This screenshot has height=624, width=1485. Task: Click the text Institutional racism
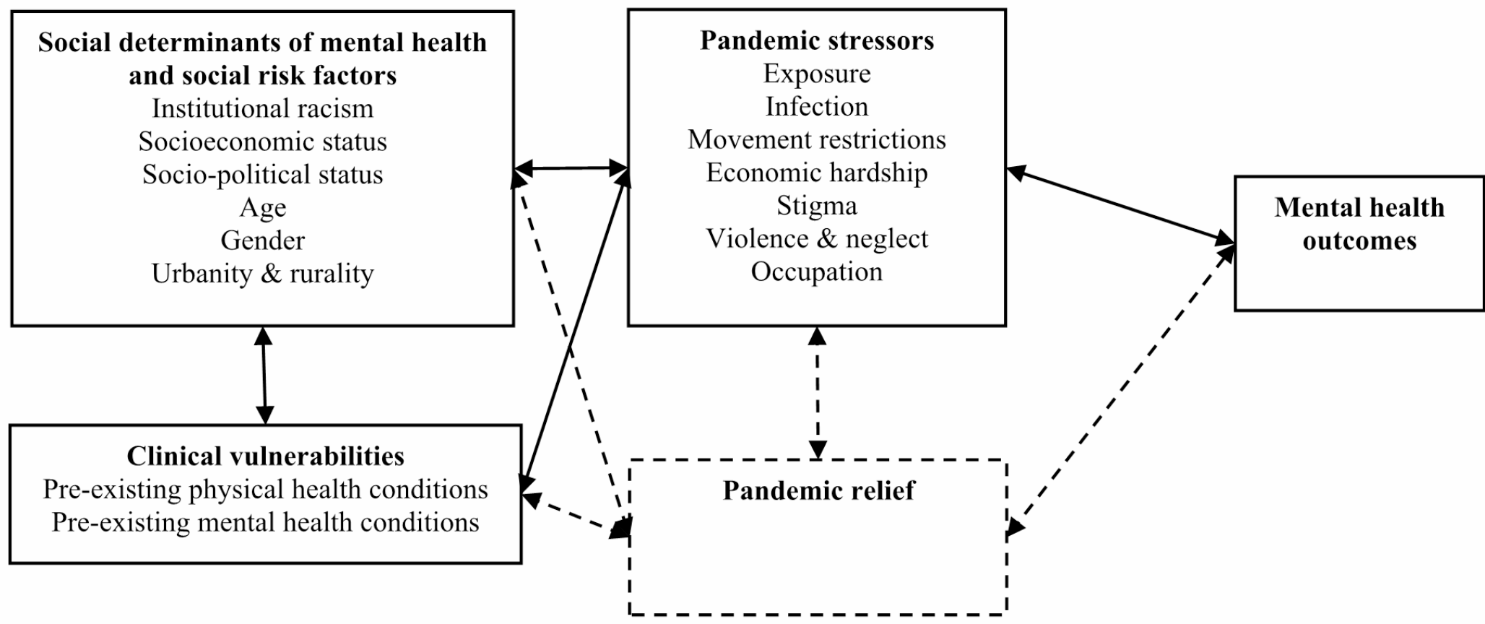click(262, 108)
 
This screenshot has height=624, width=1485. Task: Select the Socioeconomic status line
click(262, 142)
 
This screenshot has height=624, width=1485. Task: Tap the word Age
click(262, 208)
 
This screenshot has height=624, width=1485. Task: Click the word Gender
click(262, 240)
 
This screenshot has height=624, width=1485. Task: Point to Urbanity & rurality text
click(262, 274)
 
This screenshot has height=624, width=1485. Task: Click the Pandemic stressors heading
click(816, 40)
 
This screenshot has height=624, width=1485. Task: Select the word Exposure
click(816, 74)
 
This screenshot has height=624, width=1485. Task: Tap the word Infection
click(816, 107)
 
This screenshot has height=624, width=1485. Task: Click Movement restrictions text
click(816, 139)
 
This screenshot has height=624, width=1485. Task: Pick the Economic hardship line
click(816, 173)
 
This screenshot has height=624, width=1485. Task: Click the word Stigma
click(816, 206)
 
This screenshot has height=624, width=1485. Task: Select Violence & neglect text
click(816, 239)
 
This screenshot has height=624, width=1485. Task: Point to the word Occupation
click(816, 272)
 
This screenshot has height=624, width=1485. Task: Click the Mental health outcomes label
click(1359, 224)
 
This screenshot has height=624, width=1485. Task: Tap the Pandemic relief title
click(818, 490)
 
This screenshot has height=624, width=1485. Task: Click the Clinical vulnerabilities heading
click(265, 456)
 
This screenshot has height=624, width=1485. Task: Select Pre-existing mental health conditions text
click(265, 522)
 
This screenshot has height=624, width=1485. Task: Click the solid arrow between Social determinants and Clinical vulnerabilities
click(264, 376)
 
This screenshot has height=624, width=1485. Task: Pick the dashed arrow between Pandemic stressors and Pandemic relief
click(817, 393)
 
